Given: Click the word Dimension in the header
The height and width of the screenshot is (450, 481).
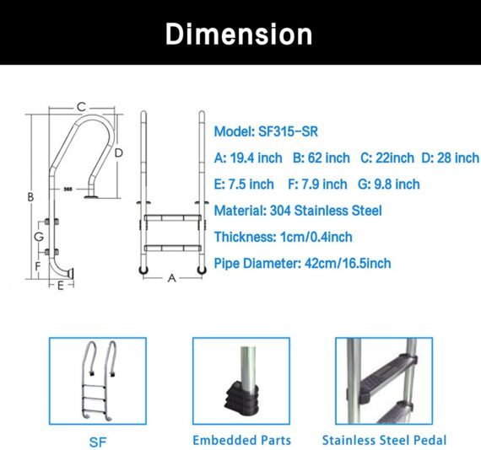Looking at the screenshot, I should (x=240, y=34).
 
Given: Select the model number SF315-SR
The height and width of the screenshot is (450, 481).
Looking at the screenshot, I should (x=267, y=132).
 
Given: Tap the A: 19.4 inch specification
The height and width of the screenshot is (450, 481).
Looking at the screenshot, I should (x=249, y=158).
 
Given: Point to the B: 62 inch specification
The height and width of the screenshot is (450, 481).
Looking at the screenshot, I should (x=322, y=158).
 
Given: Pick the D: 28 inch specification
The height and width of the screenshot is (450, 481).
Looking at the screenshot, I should (x=450, y=158).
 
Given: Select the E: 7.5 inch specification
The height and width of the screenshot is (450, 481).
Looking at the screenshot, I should (x=245, y=184).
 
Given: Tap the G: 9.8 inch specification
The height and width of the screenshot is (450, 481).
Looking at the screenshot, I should (x=389, y=184).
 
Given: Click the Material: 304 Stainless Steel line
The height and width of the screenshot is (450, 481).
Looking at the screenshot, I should (x=298, y=211).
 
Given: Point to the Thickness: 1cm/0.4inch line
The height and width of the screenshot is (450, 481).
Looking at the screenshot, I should (x=284, y=237).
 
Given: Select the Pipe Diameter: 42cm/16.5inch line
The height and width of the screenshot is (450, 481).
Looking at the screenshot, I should (x=303, y=263).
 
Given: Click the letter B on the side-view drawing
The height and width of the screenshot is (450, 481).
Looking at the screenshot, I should (x=30, y=197).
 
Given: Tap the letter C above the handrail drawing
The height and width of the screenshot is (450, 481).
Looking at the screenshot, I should (x=81, y=107).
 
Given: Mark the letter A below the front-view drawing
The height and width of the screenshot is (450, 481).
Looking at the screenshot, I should (x=172, y=277).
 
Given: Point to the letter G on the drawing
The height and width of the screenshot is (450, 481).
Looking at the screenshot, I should (x=39, y=238).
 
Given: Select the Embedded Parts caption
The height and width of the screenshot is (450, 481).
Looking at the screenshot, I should (x=241, y=440).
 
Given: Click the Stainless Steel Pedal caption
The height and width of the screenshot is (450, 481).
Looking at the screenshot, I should (x=384, y=440).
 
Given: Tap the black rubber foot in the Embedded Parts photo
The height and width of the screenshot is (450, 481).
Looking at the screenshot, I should (x=241, y=397).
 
